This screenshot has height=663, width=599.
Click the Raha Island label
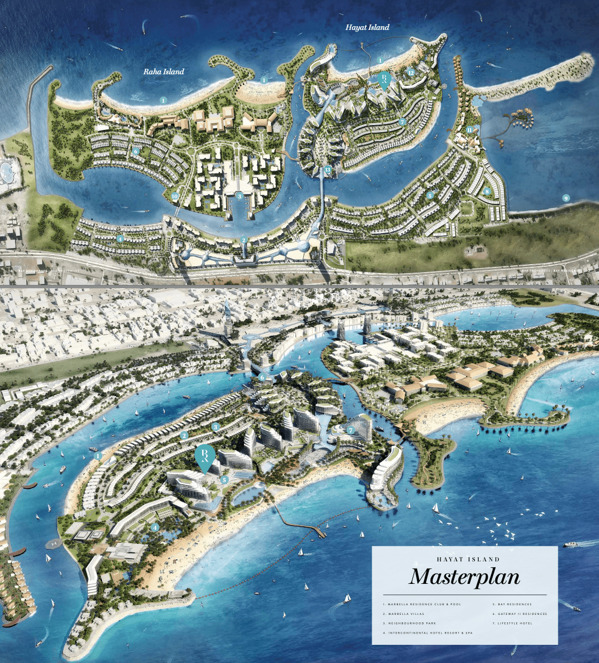coord(164,72)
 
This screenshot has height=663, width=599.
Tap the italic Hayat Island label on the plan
coord(367,27)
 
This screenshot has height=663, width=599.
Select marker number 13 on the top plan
coord(328,169)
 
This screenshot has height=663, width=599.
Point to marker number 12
coord(411,72)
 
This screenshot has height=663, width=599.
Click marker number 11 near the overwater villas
coord(469,129)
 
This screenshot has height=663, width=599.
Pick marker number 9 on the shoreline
coord(566,198)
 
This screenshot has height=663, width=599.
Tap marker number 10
coord(174,196)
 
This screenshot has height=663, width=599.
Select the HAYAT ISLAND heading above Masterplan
coord(465,559)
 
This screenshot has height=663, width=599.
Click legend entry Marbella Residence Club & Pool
coord(422,604)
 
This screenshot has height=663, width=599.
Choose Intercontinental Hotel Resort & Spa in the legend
coord(428,633)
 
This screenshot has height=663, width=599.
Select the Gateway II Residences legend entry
coord(520,614)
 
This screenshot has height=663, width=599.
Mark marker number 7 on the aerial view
coord(351,430)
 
